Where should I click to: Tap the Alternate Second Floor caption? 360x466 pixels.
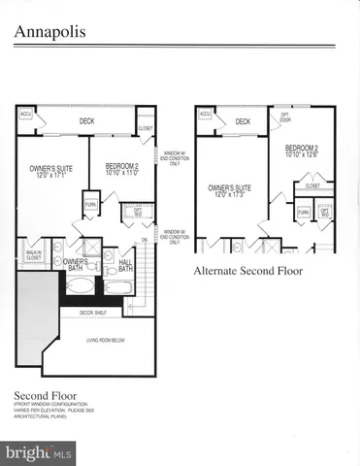(x=247, y=271)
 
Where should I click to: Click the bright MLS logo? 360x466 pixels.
(x=39, y=452)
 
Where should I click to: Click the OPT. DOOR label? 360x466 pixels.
(x=285, y=117)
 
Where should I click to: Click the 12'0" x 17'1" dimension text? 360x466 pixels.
(x=48, y=175)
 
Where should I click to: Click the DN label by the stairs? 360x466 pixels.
(x=145, y=240)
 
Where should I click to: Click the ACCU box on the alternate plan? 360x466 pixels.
(x=205, y=114)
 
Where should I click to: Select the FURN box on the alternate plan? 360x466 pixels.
(x=303, y=212)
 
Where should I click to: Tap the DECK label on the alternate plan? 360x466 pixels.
(x=243, y=121)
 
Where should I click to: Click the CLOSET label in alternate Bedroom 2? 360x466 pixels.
(x=312, y=185)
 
